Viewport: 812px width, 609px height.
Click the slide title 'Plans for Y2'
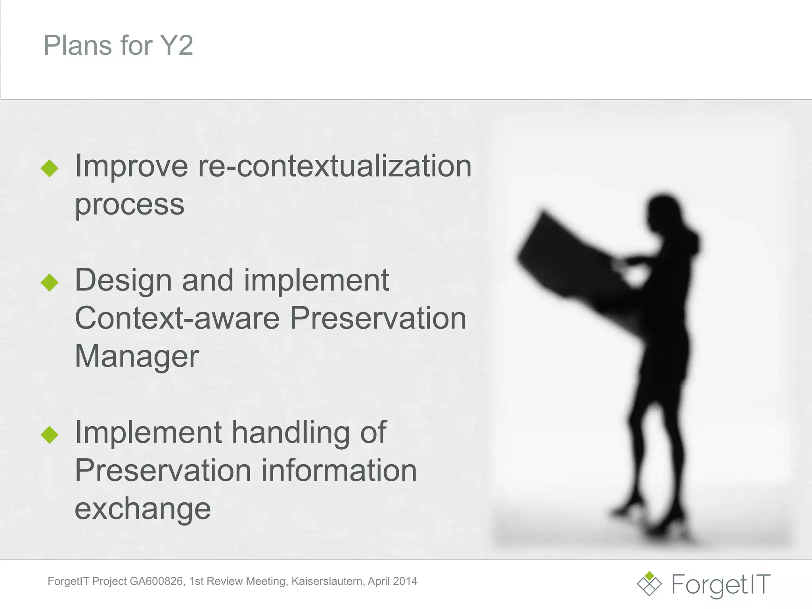[x=118, y=45]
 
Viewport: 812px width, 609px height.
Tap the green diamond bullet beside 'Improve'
[x=50, y=168]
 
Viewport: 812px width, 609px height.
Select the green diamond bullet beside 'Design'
[x=50, y=282]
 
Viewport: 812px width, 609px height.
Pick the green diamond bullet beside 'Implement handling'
[x=50, y=435]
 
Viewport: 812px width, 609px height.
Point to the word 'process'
[x=130, y=205]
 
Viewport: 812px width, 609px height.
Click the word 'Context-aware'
[x=177, y=318]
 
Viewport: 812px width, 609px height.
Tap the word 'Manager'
[x=137, y=356]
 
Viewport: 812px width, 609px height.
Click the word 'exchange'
[x=143, y=508]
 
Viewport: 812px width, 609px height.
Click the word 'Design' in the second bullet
[x=123, y=280]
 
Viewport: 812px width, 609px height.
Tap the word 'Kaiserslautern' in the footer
[x=327, y=581]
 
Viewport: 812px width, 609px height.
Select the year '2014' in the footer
[x=405, y=581]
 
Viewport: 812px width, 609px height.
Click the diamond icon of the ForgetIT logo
[x=649, y=584]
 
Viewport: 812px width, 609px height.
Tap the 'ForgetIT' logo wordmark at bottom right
[x=721, y=584]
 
